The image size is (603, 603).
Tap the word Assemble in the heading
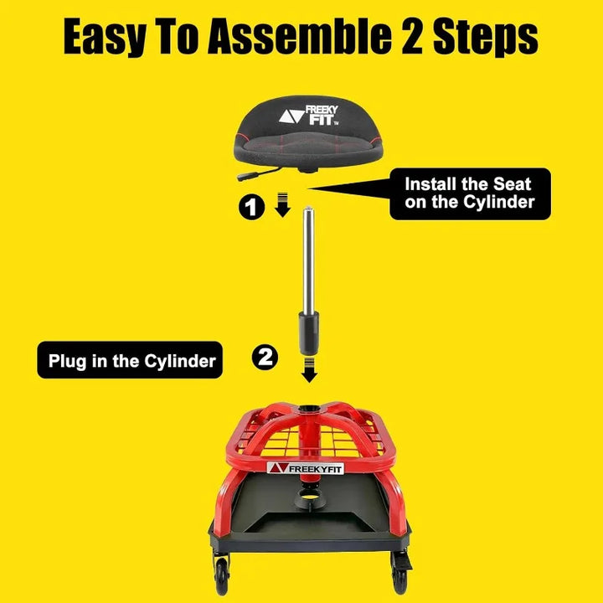pos(299,36)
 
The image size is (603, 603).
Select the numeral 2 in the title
pos(412,36)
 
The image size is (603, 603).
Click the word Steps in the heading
pos(486,37)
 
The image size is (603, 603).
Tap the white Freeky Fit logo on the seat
pos(308,116)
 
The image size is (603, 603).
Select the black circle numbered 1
pos(251,208)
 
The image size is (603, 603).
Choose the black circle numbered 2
pos(265,358)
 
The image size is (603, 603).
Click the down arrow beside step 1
pos(283,204)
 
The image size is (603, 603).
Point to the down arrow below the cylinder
pos(309,369)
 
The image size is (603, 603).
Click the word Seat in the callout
pos(512,184)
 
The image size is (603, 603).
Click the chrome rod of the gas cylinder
pos(308,261)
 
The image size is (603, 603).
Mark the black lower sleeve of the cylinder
pos(309,333)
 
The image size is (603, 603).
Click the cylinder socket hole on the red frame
pos(309,408)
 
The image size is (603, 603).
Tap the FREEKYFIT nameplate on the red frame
pos(306,468)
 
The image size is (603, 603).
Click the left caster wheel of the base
pos(222,576)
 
